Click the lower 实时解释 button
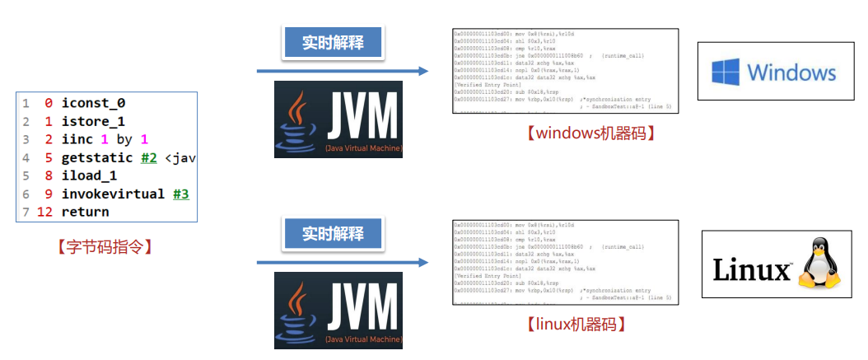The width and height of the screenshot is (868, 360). click(333, 233)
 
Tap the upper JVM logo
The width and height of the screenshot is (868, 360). click(338, 119)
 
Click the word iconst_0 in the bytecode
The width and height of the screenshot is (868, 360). click(94, 104)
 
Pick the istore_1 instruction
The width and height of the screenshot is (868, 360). click(94, 121)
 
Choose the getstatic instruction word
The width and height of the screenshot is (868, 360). click(97, 157)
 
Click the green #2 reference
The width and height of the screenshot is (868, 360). click(148, 157)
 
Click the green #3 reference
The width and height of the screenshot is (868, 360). click(181, 194)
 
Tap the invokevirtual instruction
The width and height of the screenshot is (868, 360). click(112, 194)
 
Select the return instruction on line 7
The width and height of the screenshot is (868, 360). click(85, 213)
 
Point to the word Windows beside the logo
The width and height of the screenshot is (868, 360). click(791, 72)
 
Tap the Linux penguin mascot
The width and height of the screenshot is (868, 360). click(818, 264)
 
